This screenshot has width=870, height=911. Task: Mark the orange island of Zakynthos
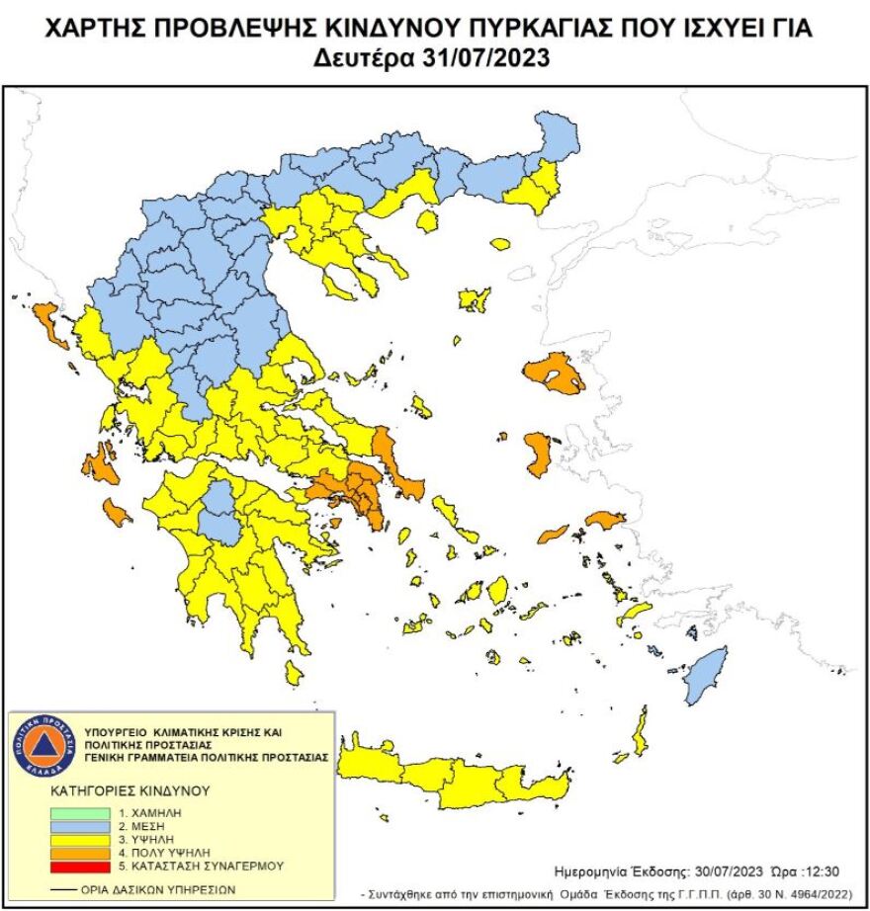coord(117,512)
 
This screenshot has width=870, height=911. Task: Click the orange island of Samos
coord(605,519)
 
